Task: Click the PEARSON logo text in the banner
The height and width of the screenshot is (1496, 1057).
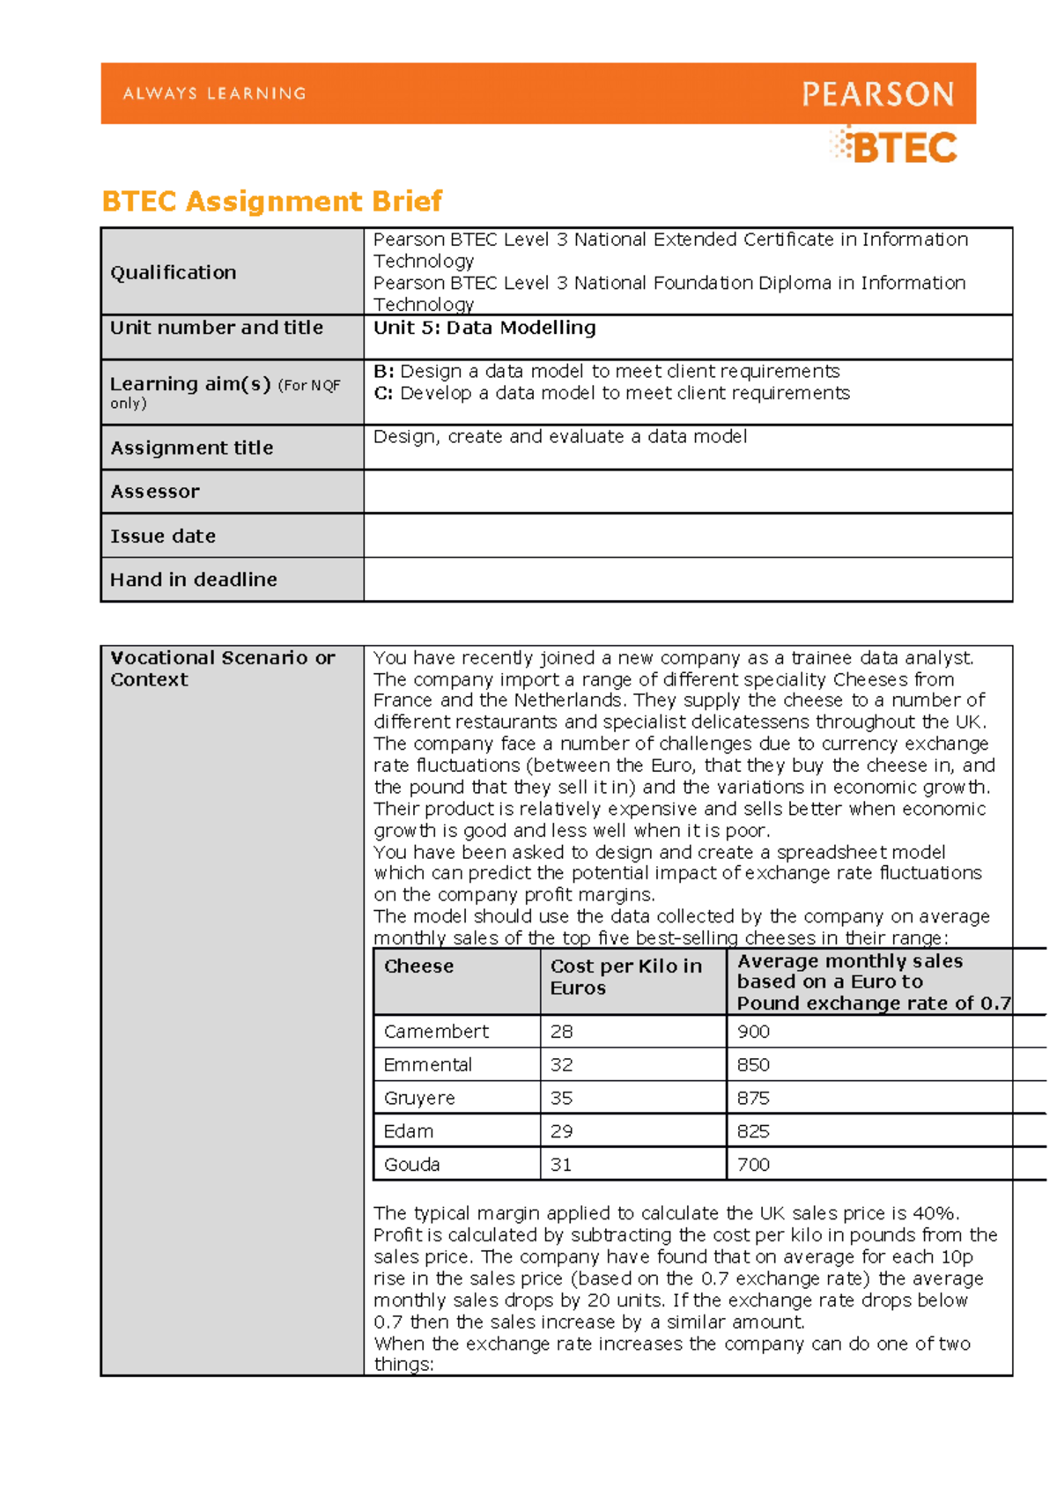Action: click(877, 94)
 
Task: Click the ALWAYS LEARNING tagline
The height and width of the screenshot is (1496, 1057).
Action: click(214, 93)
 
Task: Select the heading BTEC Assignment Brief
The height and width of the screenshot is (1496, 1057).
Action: click(272, 202)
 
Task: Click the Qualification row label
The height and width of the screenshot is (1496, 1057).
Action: click(174, 273)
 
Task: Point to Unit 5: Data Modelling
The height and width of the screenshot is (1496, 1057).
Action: click(484, 328)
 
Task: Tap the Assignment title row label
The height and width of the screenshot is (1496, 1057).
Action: click(192, 448)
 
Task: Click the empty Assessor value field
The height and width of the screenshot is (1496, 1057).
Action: click(687, 492)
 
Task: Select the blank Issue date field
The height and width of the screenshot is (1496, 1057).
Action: click(687, 536)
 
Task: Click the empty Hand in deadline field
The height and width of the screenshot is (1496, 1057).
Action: click(687, 580)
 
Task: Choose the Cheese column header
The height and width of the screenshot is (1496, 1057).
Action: click(418, 966)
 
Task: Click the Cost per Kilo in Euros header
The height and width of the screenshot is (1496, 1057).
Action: click(625, 977)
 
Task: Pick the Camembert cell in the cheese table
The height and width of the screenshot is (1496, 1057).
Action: click(436, 1032)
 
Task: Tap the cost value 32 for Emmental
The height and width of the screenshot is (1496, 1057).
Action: click(561, 1065)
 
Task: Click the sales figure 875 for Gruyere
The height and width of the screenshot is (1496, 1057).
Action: click(753, 1099)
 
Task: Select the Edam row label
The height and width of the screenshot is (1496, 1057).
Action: click(409, 1131)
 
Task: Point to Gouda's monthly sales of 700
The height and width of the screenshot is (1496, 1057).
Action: click(753, 1165)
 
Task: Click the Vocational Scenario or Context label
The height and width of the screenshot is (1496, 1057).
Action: click(222, 669)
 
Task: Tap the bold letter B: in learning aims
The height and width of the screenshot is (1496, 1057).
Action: click(383, 372)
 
